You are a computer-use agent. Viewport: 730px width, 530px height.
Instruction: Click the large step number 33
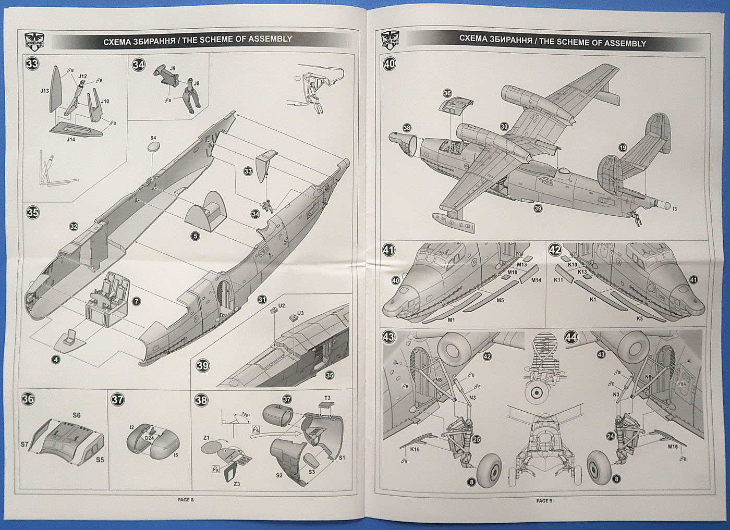[32, 65]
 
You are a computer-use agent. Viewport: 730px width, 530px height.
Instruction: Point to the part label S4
[153, 138]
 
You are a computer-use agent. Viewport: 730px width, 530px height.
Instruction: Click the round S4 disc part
[153, 147]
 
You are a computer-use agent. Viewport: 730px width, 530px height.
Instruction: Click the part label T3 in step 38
[327, 398]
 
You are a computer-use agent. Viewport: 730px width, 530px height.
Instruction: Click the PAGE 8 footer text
[185, 499]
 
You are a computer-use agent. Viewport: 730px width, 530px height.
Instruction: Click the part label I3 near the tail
[674, 208]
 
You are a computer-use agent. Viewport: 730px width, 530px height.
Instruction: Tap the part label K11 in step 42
[559, 280]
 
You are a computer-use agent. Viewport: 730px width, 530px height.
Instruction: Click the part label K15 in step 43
[415, 449]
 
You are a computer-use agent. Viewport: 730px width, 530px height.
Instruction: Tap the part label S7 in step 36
[25, 445]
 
